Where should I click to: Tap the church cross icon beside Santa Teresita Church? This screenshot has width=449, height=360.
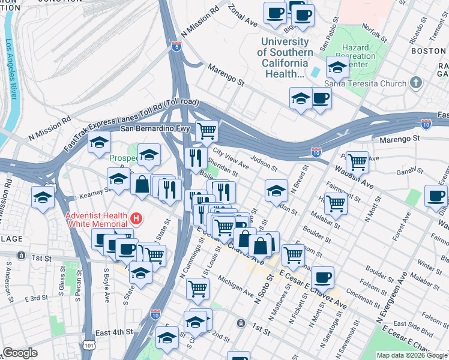click(416, 83)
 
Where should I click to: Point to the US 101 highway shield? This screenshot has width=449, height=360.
click(89, 346)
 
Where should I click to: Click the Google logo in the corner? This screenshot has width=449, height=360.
click(20, 353)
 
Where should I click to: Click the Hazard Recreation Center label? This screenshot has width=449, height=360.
click(359, 56)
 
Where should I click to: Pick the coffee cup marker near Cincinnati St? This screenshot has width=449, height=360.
click(322, 277)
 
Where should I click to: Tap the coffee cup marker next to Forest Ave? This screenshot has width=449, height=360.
click(436, 195)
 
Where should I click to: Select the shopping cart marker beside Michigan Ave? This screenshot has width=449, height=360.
click(197, 288)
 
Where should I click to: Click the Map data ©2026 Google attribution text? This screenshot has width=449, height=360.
click(411, 355)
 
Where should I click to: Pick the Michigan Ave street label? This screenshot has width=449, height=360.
click(236, 286)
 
